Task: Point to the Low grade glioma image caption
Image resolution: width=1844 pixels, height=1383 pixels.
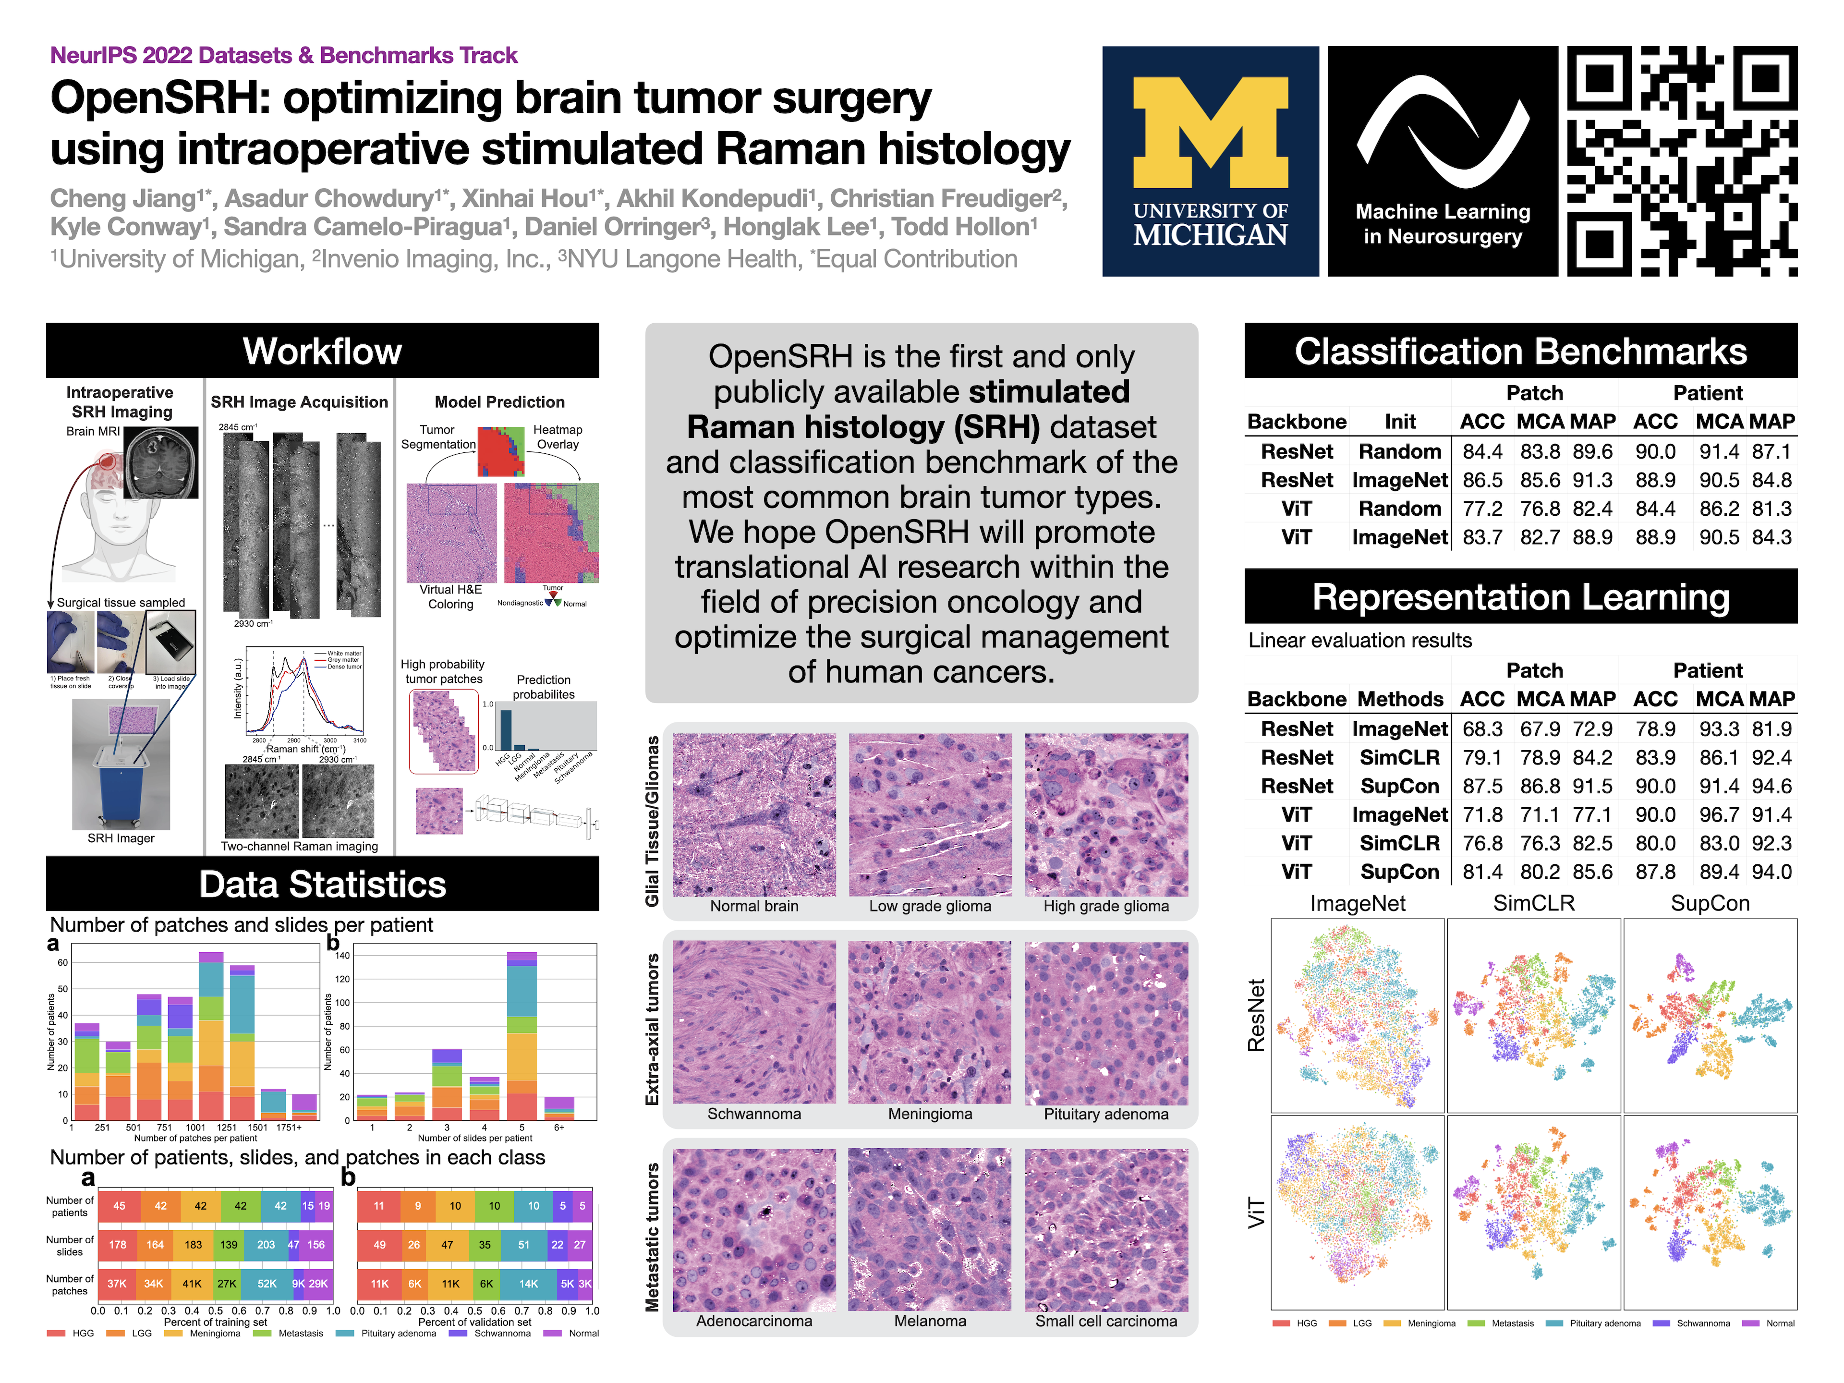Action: (x=930, y=906)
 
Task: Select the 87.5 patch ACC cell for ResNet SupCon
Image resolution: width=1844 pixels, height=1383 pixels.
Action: (x=1482, y=786)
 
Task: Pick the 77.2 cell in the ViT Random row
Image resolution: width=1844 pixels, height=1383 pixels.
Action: (x=1482, y=509)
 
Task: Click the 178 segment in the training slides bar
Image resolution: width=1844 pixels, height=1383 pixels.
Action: (x=118, y=1245)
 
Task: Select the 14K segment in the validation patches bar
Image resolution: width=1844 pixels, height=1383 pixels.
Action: (x=529, y=1284)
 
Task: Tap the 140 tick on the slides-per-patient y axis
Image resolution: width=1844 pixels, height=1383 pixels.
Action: (x=342, y=955)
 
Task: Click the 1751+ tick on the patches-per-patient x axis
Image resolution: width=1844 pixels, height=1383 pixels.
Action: (x=289, y=1127)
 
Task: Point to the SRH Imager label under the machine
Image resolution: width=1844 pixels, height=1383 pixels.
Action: (x=121, y=838)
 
